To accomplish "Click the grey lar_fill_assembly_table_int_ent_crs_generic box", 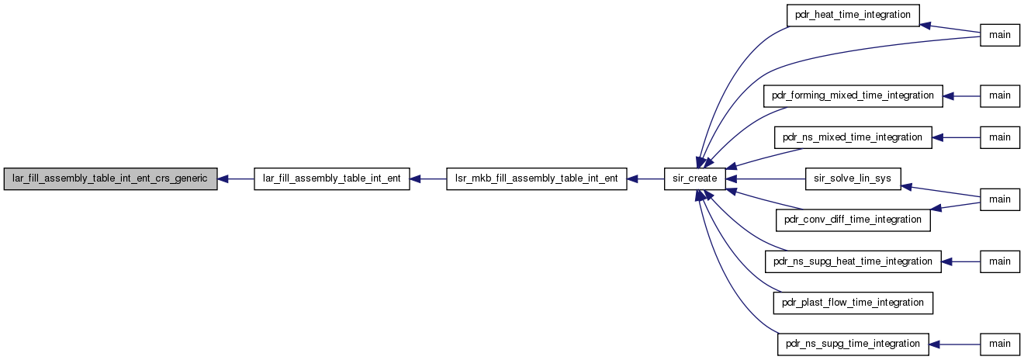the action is coord(110,179).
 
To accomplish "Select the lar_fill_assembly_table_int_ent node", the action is coord(331,179).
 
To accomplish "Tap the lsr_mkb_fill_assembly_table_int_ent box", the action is coord(536,179).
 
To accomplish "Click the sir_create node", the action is coord(695,179).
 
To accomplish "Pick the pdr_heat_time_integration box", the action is coord(853,15).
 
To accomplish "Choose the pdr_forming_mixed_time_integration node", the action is coord(853,96).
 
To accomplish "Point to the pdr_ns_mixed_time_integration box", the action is coord(853,137).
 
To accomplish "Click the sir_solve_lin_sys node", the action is coord(853,179).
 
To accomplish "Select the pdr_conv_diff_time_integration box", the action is coord(853,220).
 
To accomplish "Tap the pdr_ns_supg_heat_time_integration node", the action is coord(853,261).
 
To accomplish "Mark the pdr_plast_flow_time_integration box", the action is coord(853,303).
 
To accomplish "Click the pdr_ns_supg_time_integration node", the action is coord(853,344).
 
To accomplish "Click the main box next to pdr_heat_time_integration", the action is coord(1000,35).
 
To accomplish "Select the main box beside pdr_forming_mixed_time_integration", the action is coord(1000,96).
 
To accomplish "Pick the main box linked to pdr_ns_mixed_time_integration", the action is coord(1000,137).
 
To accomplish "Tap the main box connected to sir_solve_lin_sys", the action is coord(1000,199).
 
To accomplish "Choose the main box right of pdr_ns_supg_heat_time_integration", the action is coord(1000,261).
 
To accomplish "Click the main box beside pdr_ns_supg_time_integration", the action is coord(1000,344).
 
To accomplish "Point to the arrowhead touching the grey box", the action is coord(223,179).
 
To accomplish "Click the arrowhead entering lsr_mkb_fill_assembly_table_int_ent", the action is coord(633,179).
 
